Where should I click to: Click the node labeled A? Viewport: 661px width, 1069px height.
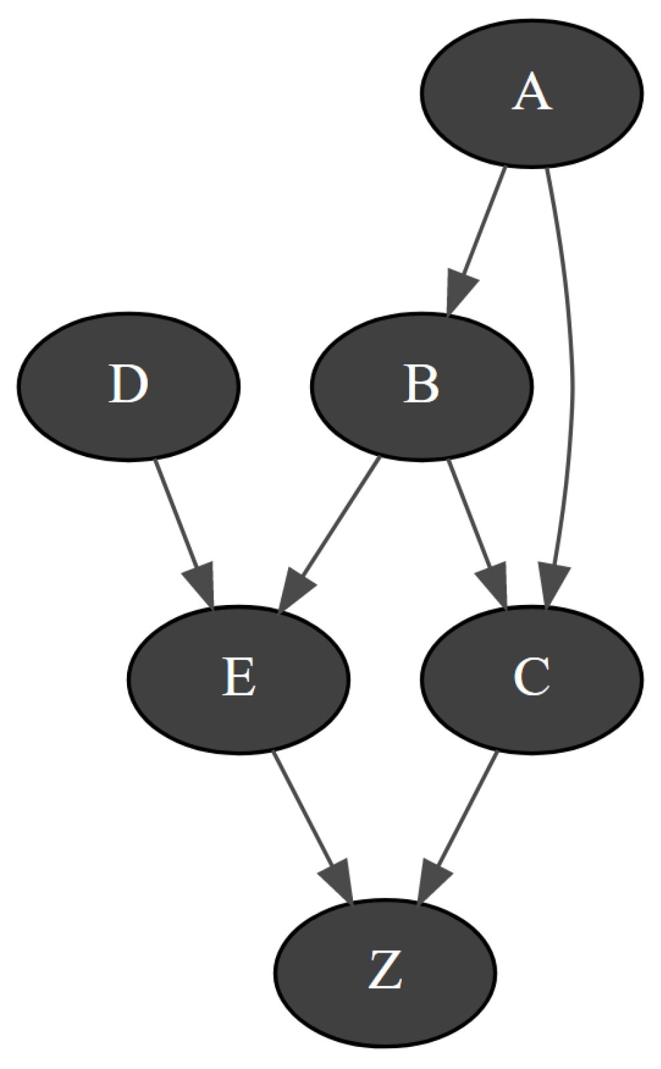click(531, 93)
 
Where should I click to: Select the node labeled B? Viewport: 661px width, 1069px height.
click(421, 386)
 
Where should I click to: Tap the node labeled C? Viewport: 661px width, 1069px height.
click(531, 679)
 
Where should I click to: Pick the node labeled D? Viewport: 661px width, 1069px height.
click(128, 386)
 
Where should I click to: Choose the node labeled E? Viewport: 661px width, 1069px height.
click(239, 679)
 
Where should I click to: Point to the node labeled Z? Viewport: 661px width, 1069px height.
click(384, 971)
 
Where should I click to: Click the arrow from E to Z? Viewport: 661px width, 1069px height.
click(304, 812)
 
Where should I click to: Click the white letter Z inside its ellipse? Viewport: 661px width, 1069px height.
click(384, 971)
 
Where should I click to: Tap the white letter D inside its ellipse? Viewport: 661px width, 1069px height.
click(128, 386)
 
